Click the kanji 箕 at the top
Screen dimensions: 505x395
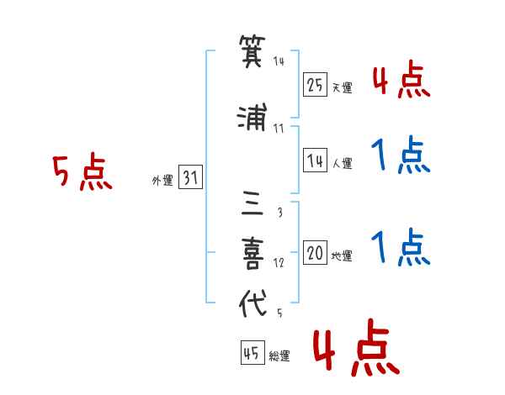pos(252,51)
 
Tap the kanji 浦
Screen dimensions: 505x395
pos(252,117)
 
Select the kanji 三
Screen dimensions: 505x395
pos(252,203)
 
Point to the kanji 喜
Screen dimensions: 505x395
pos(252,254)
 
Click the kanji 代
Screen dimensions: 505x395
pos(252,303)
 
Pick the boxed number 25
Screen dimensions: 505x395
pos(315,85)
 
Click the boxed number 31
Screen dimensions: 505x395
pos(190,177)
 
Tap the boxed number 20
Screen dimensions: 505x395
pos(315,252)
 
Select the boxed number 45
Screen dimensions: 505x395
pos(252,353)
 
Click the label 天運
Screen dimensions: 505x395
pos(342,87)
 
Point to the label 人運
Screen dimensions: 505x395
pos(343,163)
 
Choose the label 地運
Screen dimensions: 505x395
pos(342,255)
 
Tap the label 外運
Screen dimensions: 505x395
pos(162,181)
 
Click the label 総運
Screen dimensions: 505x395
pos(279,355)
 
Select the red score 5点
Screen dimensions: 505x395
pos(82,171)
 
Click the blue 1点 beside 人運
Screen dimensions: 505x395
pos(401,155)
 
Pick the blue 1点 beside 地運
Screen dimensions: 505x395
pos(401,247)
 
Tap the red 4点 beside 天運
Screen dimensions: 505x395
pos(401,79)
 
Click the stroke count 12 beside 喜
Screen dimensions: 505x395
pos(279,263)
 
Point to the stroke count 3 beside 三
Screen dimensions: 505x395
pos(280,212)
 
